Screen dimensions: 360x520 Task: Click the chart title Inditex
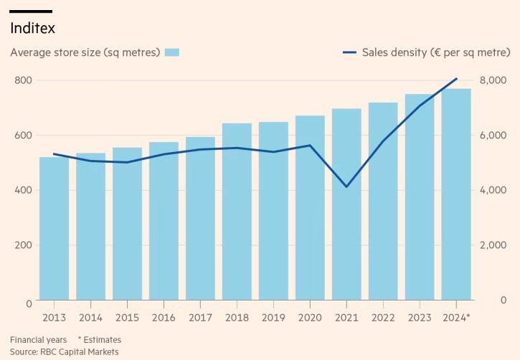32,29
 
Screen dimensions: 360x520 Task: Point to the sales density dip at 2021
346,187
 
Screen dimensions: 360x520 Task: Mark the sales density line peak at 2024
456,79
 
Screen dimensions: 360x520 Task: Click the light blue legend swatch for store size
171,52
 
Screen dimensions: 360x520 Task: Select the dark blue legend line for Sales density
349,52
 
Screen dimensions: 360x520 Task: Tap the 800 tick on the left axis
24,80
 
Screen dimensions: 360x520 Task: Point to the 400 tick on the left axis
24,190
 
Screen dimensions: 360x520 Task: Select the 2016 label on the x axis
164,316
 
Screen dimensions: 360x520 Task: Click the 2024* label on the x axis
457,316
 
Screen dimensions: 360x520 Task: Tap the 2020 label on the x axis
310,316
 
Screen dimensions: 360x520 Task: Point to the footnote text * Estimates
100,338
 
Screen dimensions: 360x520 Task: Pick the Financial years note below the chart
38,338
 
